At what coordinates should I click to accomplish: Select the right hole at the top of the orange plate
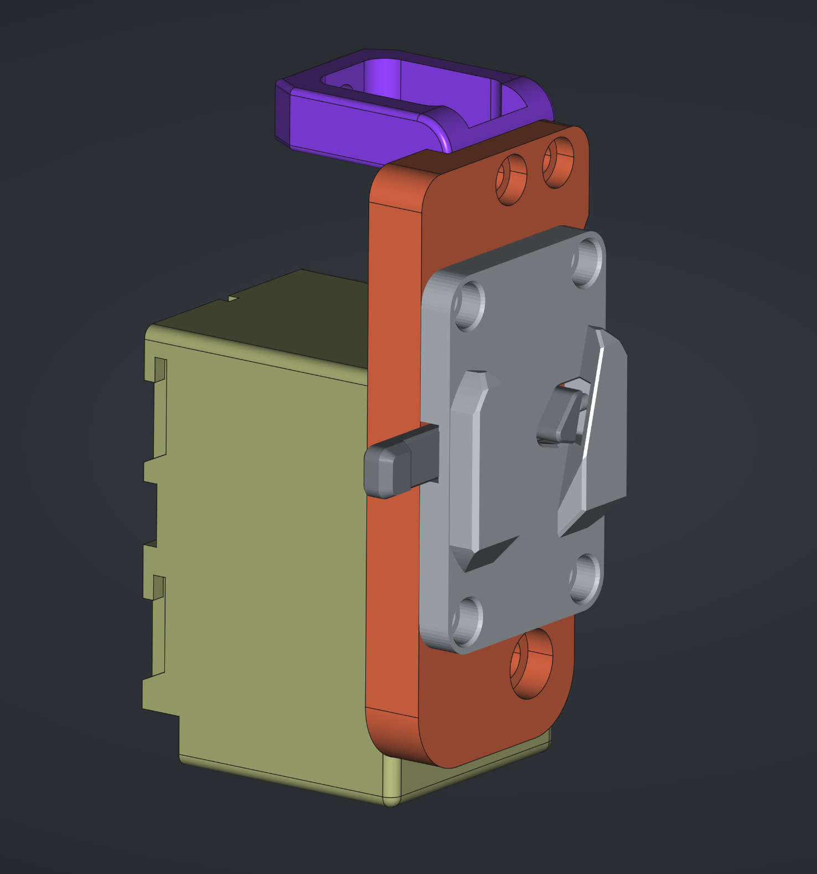pyautogui.click(x=557, y=163)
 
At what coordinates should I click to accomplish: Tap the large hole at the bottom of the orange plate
pyautogui.click(x=531, y=663)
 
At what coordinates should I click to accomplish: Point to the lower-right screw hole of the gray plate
pyautogui.click(x=586, y=578)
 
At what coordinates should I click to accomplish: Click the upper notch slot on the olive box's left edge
pyautogui.click(x=160, y=370)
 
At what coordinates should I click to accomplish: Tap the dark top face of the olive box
pyautogui.click(x=266, y=321)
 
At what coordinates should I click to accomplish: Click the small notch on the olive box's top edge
pyautogui.click(x=234, y=299)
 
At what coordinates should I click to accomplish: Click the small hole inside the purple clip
pyautogui.click(x=347, y=87)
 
